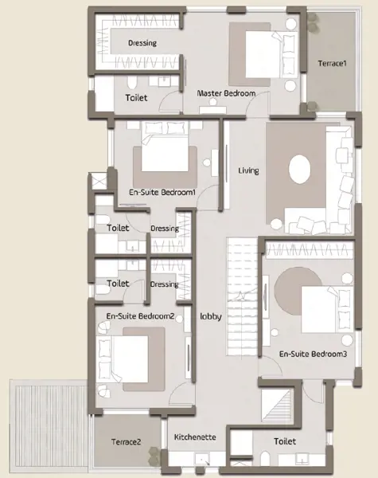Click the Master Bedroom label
click(226, 93)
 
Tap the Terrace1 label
click(333, 64)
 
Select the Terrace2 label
click(126, 441)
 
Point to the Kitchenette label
click(195, 437)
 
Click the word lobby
click(211, 316)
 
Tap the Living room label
click(248, 170)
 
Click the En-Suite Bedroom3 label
click(313, 354)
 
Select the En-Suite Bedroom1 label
click(162, 192)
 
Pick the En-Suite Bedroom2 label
click(140, 316)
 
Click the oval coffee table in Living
click(300, 169)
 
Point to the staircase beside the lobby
click(242, 296)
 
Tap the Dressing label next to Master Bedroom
click(142, 43)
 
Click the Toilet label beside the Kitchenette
click(285, 441)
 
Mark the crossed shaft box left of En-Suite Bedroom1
click(99, 182)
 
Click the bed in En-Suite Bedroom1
click(165, 147)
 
